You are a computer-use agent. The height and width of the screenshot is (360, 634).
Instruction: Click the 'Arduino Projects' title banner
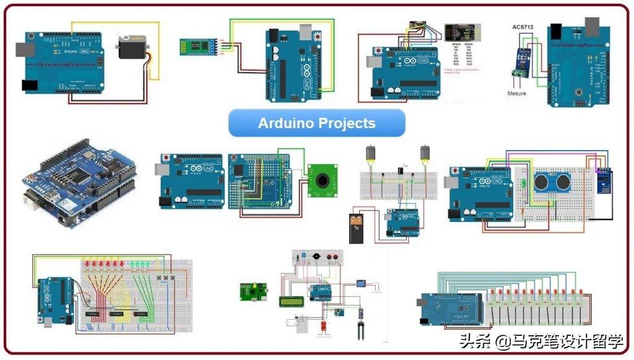(x=316, y=123)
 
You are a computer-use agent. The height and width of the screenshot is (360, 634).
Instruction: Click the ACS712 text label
(x=523, y=27)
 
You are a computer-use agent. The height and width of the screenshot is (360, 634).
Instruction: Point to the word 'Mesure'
(x=517, y=94)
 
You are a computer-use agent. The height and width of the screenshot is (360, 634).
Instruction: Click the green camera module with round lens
(x=322, y=180)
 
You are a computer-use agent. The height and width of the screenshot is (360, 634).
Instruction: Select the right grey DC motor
(x=425, y=153)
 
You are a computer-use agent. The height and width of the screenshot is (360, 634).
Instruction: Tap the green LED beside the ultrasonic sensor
(x=523, y=183)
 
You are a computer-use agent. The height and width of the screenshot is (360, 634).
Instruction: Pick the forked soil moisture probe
(x=359, y=328)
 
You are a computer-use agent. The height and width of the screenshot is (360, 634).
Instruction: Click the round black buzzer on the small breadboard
(x=317, y=256)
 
